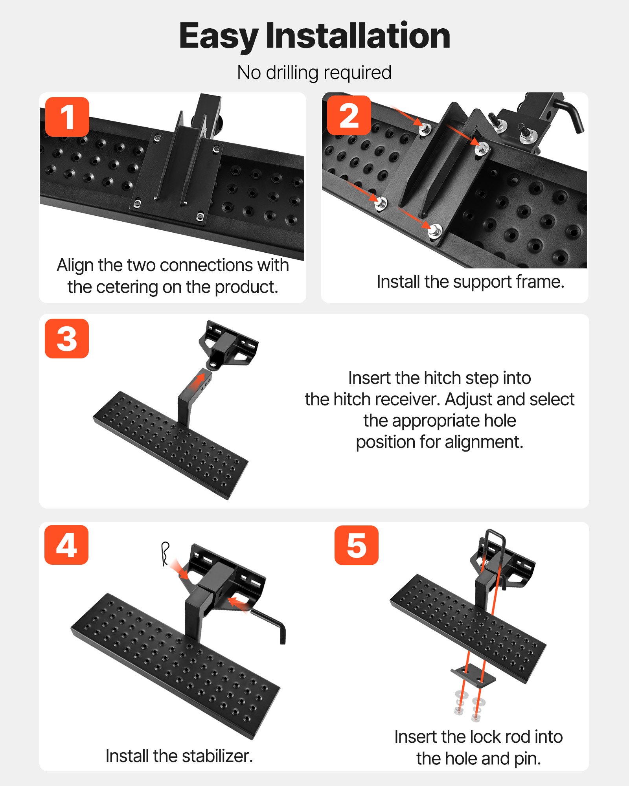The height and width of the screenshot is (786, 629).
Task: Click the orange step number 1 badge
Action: pos(67,117)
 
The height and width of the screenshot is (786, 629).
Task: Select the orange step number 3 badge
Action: pos(67,338)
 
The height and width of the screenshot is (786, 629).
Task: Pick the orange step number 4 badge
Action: pos(66,545)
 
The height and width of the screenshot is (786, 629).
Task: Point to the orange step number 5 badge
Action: pos(356,545)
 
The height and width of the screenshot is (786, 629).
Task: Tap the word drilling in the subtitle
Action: pos(292,73)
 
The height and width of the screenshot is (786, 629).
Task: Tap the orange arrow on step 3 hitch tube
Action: pos(199,382)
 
